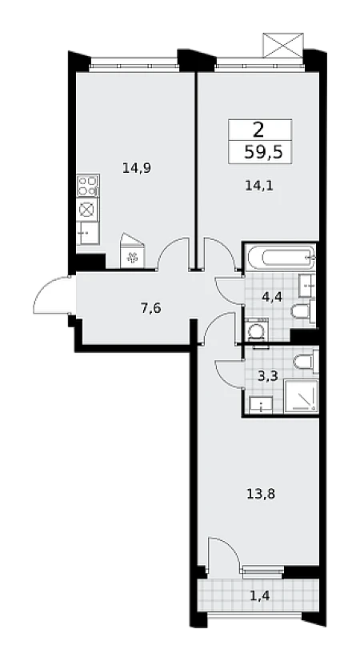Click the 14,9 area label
pos(137,169)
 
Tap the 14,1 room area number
pos(259,186)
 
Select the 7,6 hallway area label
pos(151,309)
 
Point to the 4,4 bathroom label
pos(271,297)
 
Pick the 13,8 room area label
pos(261,493)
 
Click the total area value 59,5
pos(262,153)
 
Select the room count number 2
pos(258,130)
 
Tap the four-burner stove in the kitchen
pos(88,186)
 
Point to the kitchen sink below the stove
pos(88,233)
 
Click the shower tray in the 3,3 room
pos(301,396)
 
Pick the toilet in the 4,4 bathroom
pos(303,311)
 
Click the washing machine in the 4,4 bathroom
pos(257,331)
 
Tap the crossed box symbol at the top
pos(283,45)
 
